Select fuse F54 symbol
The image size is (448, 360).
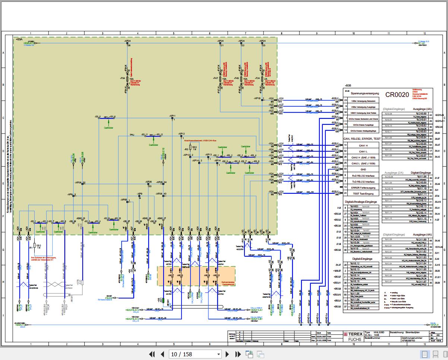coord(129,79)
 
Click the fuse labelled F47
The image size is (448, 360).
coord(222,79)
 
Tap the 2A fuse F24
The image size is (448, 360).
coord(264,79)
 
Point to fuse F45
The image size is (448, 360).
coord(243,79)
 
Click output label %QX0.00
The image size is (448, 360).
coord(421,113)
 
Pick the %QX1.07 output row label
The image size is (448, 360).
coord(421,281)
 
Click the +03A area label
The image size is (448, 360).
coord(19,39)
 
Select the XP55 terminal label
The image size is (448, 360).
coord(124,199)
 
